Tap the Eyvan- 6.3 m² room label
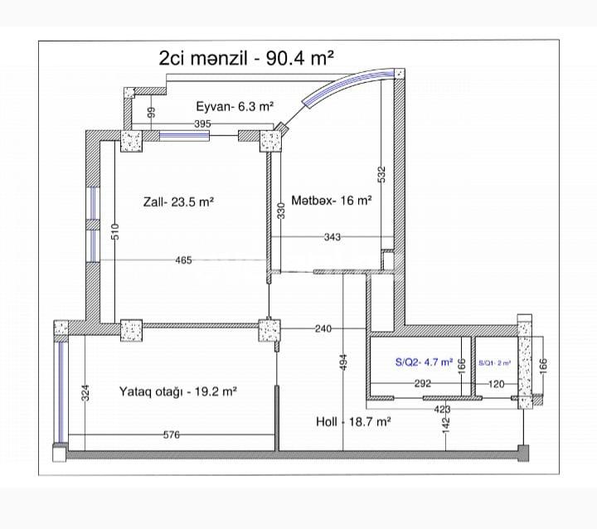[235, 106]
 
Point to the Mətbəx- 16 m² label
[331, 200]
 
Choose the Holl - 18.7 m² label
[353, 421]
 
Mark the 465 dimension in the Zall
[183, 260]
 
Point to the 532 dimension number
[381, 174]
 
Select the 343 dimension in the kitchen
[332, 238]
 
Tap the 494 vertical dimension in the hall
[343, 362]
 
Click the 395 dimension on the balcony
[202, 124]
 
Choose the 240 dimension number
[323, 328]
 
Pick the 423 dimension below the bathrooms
[444, 408]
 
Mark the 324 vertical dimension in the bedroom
[85, 393]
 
